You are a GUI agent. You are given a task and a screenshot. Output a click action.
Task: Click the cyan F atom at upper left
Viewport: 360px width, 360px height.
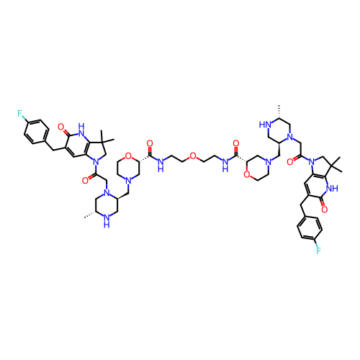[x=20, y=113]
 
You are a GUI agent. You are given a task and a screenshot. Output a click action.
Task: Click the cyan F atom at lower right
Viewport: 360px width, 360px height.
[x=318, y=251]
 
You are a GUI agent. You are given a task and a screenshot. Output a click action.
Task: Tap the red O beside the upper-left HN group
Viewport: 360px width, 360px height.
[x=60, y=127]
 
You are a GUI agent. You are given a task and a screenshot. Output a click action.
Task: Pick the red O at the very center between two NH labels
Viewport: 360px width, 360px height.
[x=192, y=156]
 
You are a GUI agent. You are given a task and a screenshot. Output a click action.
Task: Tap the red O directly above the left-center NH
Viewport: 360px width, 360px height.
[x=150, y=143]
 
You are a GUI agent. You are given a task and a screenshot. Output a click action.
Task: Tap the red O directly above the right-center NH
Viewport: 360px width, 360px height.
[x=235, y=143]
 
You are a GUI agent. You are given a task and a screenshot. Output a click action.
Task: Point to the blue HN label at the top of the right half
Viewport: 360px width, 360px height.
[x=266, y=125]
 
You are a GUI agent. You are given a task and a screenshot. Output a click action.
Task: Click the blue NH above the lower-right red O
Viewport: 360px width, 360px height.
[x=332, y=189]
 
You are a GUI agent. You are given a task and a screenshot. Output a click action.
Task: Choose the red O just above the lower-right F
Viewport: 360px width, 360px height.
[x=324, y=210]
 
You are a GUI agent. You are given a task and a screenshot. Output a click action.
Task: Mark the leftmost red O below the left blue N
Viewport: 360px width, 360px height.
[x=85, y=179]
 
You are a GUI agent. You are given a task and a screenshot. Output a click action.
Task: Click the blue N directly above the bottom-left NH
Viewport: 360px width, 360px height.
[x=106, y=193]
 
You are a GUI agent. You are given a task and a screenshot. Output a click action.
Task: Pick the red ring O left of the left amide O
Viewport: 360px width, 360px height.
[x=128, y=156]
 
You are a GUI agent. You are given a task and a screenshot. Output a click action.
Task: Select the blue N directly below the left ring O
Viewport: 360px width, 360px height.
[x=127, y=180]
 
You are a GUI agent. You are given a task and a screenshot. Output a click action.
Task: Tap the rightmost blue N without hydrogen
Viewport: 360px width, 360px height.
[x=312, y=162]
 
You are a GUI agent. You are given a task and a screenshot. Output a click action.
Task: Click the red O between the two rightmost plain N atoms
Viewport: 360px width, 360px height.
[x=290, y=162]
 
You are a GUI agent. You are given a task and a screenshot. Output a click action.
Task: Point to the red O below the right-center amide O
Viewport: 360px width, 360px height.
[x=246, y=174]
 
